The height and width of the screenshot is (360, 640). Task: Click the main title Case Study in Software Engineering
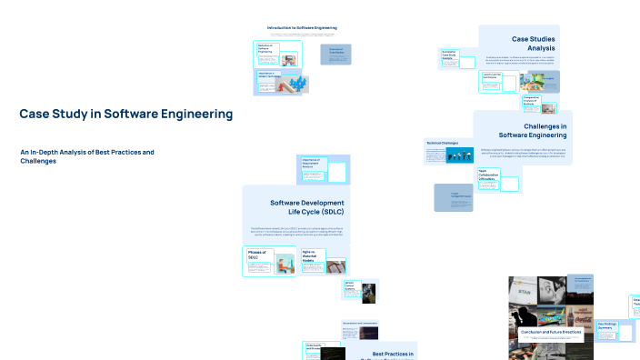(x=125, y=115)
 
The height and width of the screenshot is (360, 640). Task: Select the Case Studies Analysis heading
(x=534, y=43)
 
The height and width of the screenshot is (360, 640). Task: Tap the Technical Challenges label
(x=442, y=143)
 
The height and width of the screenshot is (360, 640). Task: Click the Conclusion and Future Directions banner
(x=550, y=333)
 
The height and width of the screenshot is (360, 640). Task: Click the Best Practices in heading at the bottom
(x=393, y=354)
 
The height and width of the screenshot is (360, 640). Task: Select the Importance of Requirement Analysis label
(x=313, y=164)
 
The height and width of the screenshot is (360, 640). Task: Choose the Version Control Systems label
(x=352, y=286)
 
